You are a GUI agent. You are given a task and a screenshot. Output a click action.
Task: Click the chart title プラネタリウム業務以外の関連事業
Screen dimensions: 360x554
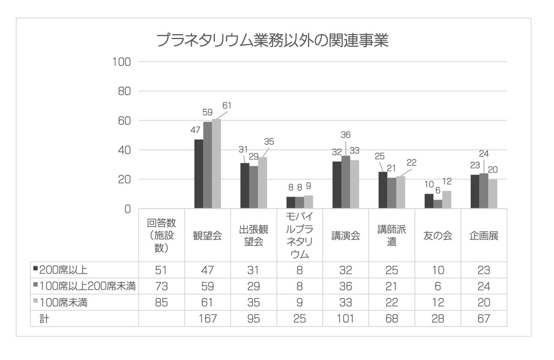tap(272, 41)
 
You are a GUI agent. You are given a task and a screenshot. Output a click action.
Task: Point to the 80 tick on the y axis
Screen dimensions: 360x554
tap(124, 91)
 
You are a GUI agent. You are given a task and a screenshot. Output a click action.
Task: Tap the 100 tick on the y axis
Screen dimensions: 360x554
tap(122, 62)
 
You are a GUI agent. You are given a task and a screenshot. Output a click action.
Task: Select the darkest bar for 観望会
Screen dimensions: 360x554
tap(199, 174)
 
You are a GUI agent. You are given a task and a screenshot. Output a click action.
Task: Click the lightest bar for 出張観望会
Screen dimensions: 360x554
tap(262, 183)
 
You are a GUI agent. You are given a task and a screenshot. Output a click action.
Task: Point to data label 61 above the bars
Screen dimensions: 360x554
tap(227, 106)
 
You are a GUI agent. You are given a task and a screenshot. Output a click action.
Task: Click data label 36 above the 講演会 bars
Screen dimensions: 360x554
tap(346, 135)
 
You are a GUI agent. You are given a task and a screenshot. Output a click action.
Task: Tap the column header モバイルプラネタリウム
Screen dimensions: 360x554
tap(300, 236)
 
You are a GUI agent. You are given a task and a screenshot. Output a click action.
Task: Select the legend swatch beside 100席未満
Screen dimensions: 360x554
tap(36, 302)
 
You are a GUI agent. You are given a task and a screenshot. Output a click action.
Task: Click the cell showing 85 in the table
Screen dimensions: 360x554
tap(162, 303)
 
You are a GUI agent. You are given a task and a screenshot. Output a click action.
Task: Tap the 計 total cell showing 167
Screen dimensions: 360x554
tap(208, 319)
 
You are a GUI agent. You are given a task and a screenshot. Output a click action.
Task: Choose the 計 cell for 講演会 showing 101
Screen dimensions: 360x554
tap(346, 319)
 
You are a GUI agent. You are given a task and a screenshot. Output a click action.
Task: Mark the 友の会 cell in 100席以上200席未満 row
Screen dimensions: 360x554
tap(438, 286)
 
